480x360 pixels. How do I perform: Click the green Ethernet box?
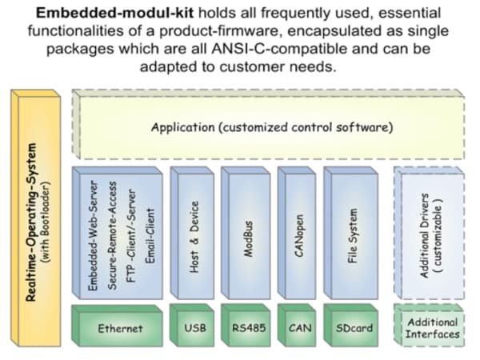(x=120, y=328)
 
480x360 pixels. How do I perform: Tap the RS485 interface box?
(x=244, y=328)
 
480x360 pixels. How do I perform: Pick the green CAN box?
(x=296, y=328)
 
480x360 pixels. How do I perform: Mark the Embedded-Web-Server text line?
(x=94, y=232)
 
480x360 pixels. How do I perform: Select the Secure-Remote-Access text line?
(x=113, y=232)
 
